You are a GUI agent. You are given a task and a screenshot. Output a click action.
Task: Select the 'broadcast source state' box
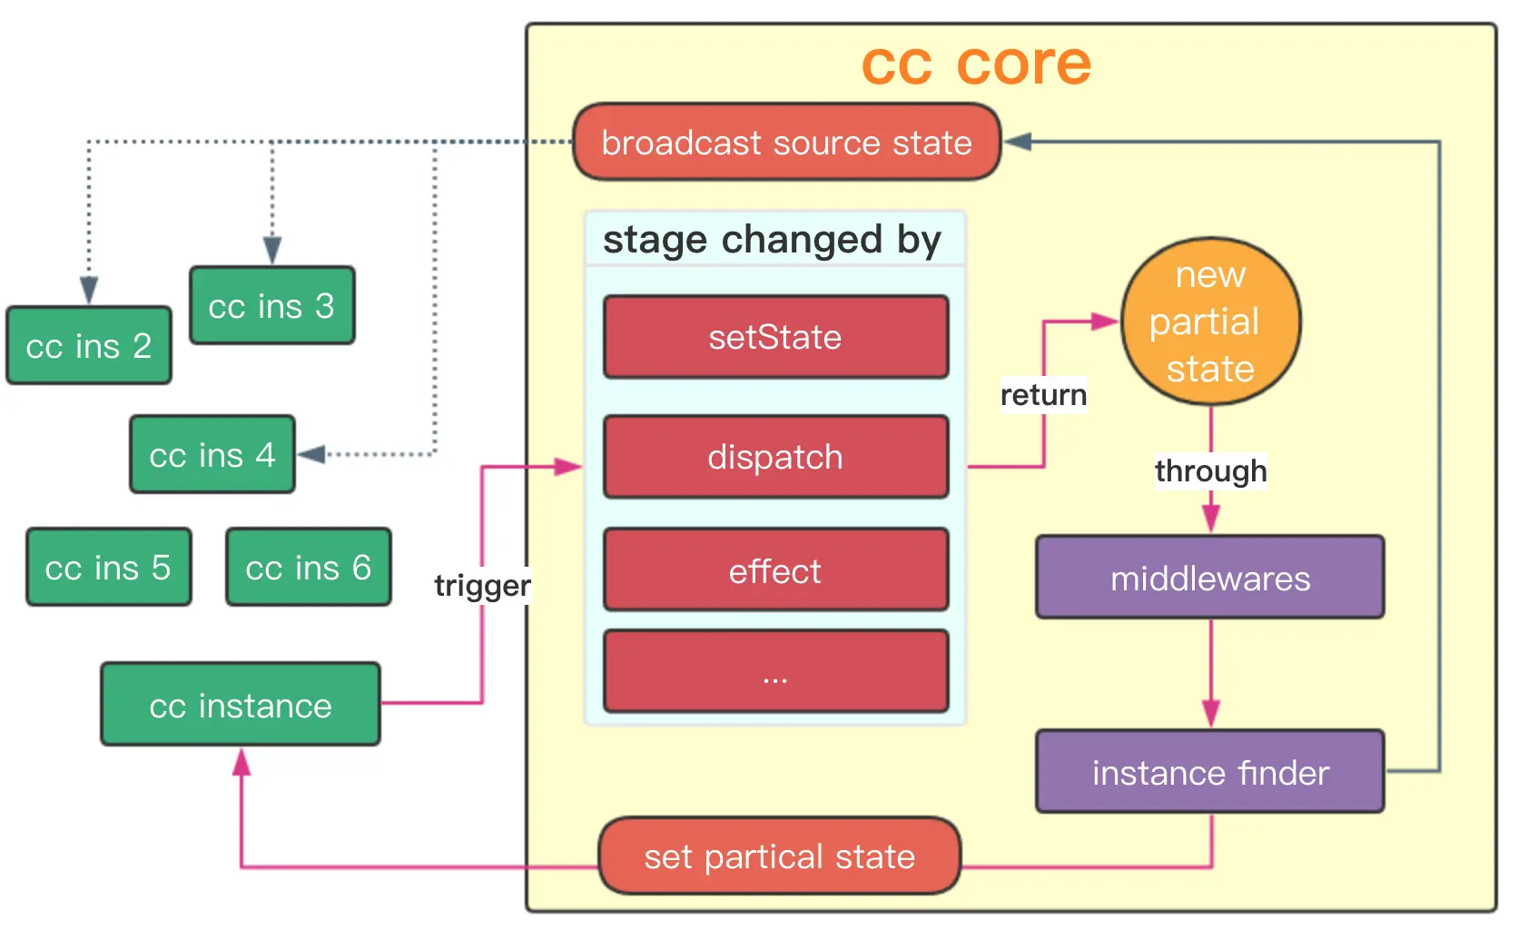pos(786,143)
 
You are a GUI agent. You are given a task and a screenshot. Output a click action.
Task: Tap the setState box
pos(775,337)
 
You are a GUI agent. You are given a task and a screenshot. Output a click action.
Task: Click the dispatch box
pos(775,457)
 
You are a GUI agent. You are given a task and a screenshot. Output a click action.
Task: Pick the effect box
pos(775,570)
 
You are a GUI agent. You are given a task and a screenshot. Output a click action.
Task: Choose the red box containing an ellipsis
pos(775,671)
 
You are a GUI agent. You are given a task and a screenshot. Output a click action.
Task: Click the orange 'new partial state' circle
pos(1210,322)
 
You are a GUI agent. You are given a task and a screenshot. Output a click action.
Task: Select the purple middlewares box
pos(1210,578)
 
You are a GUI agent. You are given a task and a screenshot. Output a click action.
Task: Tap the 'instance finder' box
pos(1210,772)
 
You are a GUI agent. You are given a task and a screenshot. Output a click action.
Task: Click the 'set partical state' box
pos(779,856)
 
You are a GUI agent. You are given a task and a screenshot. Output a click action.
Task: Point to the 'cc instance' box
pos(241,705)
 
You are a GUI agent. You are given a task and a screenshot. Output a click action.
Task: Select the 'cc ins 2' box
pos(89,345)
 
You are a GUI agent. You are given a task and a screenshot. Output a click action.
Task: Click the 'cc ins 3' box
pos(271,305)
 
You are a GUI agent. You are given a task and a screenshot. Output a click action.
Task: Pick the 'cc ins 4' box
pos(212,454)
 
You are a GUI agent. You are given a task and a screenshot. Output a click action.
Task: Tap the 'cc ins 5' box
pos(108,567)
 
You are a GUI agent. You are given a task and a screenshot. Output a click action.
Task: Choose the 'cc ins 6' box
pos(309,567)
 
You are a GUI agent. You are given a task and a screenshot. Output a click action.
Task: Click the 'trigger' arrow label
pos(482,585)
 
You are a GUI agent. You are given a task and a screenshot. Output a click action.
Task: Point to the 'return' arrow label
pos(1043,395)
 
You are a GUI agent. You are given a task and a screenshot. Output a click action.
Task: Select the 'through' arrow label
pos(1210,470)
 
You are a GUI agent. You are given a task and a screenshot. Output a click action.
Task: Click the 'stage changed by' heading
pos(772,240)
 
